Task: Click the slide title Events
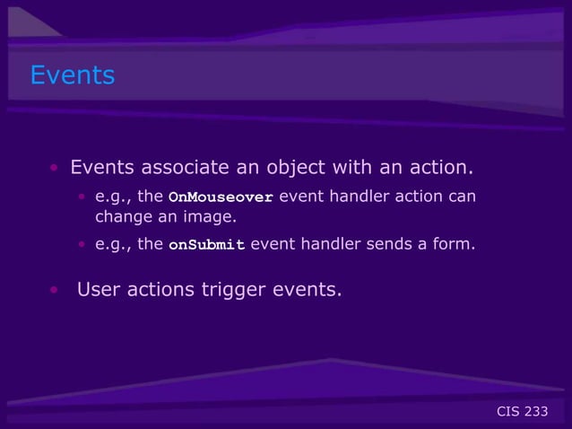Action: click(73, 75)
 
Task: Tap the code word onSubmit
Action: click(206, 244)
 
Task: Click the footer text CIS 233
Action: click(522, 412)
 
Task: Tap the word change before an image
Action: click(122, 217)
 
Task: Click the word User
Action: click(100, 290)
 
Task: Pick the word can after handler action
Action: click(463, 197)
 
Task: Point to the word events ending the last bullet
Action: click(308, 290)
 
